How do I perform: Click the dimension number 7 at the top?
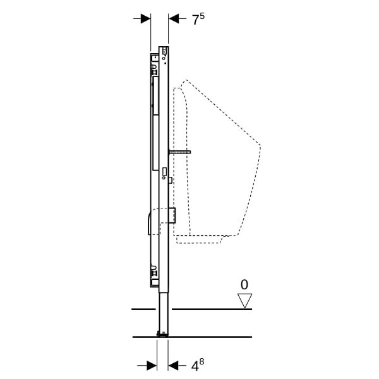click(x=195, y=20)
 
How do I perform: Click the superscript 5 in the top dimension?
click(x=202, y=16)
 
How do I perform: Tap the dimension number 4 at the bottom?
click(x=195, y=366)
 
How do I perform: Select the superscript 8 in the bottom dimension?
click(x=202, y=362)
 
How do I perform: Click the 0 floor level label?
click(x=244, y=285)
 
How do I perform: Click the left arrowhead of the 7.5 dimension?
click(x=146, y=18)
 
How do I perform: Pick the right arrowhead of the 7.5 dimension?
click(x=174, y=18)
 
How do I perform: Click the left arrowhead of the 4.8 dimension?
click(x=152, y=366)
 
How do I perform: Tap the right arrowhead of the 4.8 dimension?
click(x=173, y=366)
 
